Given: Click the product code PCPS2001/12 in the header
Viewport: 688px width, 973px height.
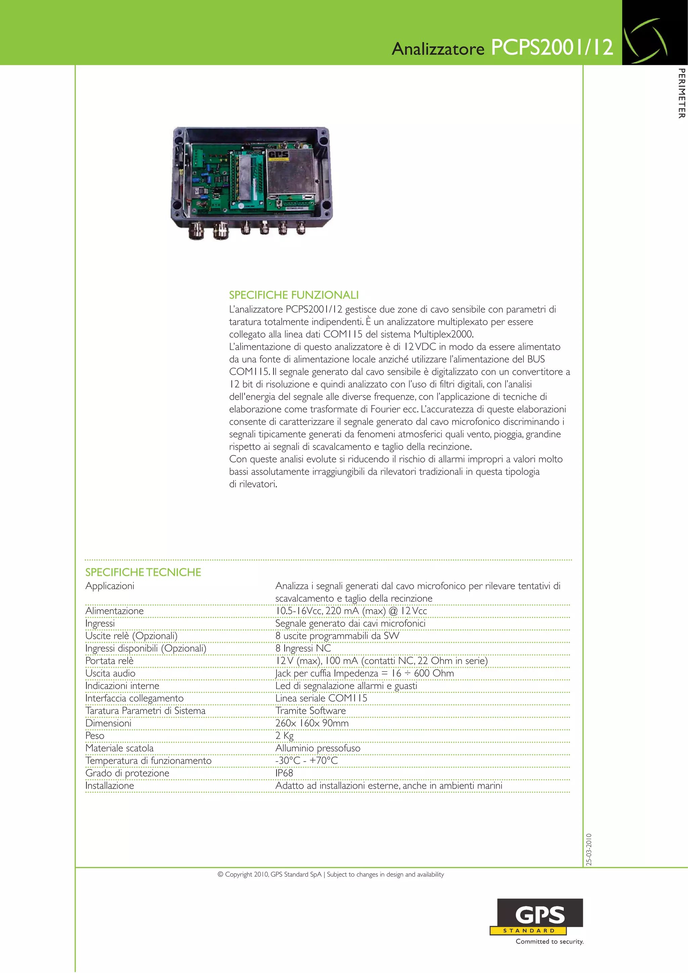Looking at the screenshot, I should click(x=552, y=47).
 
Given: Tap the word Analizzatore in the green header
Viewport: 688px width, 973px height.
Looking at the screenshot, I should click(x=438, y=49).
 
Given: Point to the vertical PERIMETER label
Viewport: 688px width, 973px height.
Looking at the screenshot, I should click(x=681, y=93).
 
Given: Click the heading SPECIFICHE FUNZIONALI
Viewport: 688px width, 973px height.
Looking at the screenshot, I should click(x=294, y=295).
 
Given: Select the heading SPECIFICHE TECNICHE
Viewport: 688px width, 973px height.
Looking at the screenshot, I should click(x=143, y=572).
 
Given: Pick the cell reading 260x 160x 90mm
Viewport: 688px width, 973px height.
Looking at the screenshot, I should click(x=312, y=723).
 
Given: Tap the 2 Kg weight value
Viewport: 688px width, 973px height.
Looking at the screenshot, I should click(x=285, y=736).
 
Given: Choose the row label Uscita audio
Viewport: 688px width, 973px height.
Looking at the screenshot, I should click(x=110, y=673).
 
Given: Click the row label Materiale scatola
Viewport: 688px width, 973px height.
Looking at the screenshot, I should click(x=120, y=748).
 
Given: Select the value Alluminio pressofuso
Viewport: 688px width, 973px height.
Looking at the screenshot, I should click(x=318, y=748).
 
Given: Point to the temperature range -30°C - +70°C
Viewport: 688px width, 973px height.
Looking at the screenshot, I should click(x=306, y=760).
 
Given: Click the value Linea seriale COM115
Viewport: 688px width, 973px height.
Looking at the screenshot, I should click(x=321, y=698).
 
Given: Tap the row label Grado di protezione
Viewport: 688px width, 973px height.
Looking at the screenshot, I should click(x=127, y=773).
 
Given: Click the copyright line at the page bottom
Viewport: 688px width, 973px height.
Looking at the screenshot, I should click(x=331, y=874).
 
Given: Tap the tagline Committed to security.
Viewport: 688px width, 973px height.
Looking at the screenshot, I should click(x=549, y=941).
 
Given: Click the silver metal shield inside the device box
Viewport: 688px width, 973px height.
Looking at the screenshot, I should click(x=290, y=174).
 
